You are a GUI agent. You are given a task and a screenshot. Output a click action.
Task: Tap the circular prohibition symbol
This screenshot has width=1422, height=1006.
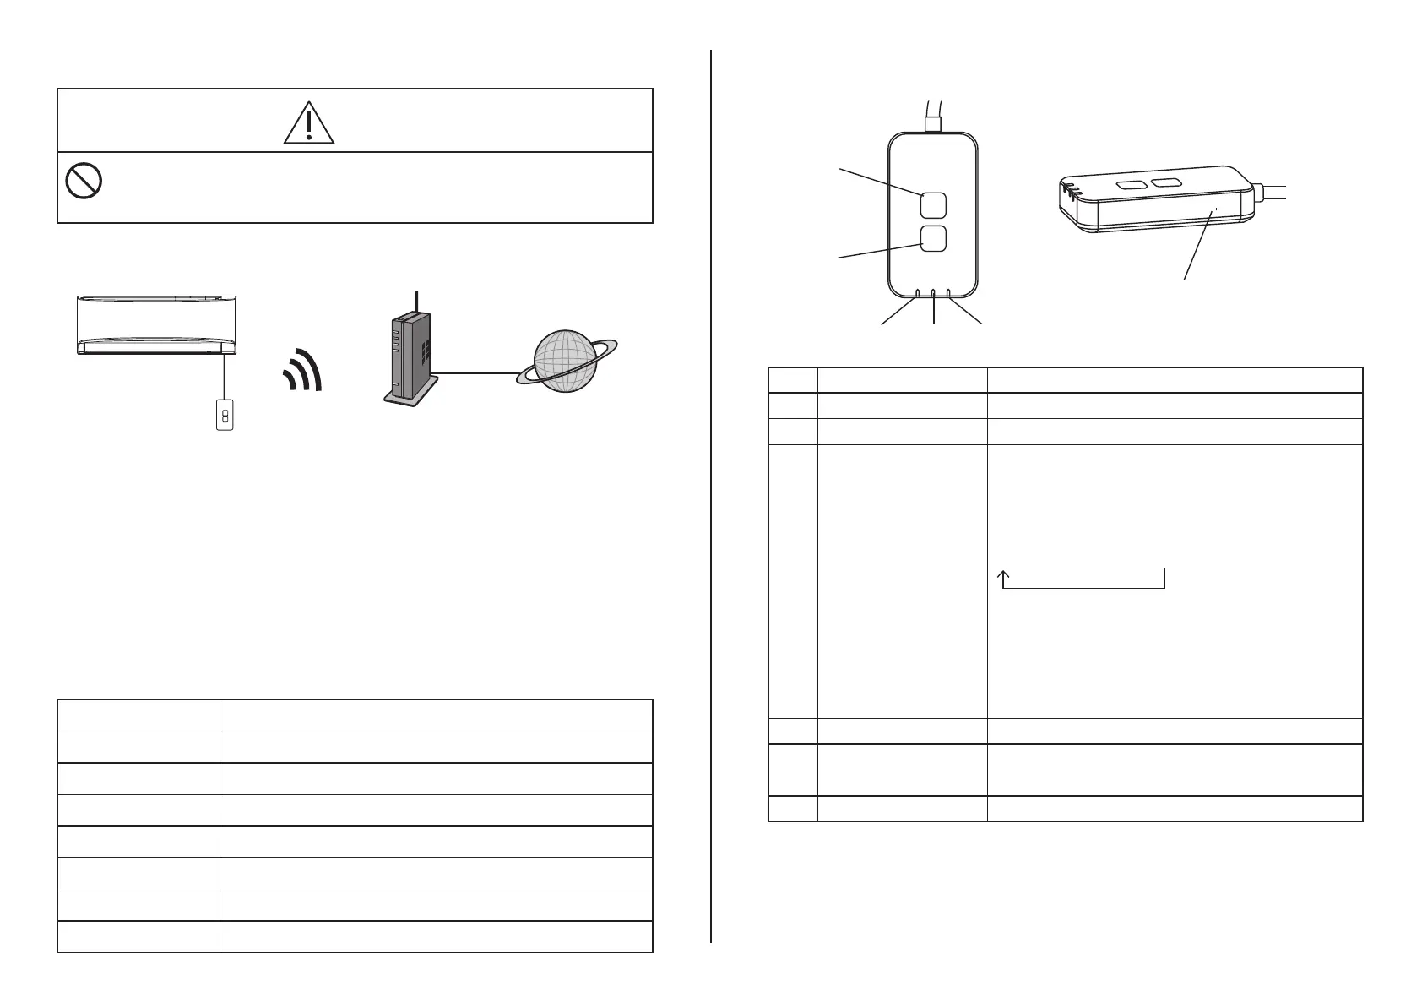[x=84, y=181]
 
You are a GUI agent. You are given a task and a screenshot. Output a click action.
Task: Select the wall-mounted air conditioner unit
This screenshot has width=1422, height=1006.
[x=157, y=324]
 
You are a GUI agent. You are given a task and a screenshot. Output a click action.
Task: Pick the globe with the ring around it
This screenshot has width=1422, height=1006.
[x=567, y=361]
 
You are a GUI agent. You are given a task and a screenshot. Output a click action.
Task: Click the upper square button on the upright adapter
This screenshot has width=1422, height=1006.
[x=933, y=204]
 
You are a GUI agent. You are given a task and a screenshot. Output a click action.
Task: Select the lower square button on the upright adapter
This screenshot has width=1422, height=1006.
[x=933, y=238]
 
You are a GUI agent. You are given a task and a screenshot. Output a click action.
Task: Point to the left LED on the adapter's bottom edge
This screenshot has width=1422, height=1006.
[x=918, y=294]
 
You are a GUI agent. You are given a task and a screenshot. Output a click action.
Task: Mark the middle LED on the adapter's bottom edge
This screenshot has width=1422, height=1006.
[x=933, y=295]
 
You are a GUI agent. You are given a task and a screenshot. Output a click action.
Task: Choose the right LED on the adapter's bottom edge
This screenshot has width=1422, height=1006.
[x=949, y=294]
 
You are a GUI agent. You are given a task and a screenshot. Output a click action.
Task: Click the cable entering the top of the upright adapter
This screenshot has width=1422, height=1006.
[x=933, y=114]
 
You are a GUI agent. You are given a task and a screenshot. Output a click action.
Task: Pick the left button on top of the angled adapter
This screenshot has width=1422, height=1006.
[x=1130, y=182]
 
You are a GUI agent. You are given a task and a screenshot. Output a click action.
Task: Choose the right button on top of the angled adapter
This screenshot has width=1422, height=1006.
[x=1166, y=182]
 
